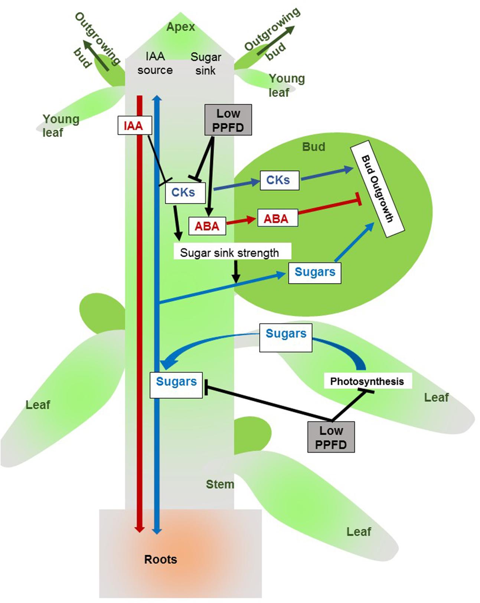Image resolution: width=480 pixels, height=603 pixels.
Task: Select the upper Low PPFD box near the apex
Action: point(228,120)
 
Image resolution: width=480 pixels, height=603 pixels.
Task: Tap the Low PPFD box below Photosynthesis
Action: point(331,437)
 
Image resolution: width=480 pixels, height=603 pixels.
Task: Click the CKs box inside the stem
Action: point(185,193)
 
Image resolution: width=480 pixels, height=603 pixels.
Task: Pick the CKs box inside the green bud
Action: point(279,180)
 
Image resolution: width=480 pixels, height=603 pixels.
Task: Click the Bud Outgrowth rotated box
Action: point(378,189)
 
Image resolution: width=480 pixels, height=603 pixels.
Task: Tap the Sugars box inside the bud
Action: point(314,273)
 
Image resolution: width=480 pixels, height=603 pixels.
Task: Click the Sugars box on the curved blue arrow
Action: point(285,337)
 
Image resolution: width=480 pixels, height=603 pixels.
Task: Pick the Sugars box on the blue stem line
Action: point(176,385)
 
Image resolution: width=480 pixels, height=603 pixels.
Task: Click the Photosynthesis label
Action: point(367,381)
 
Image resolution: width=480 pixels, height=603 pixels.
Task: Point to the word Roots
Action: point(160,559)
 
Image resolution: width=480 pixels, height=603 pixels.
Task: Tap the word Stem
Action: point(220,484)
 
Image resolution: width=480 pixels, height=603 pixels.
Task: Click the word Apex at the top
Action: point(180,27)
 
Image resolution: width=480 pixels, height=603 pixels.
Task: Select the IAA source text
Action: point(155,63)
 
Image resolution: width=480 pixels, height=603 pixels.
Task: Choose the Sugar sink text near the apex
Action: point(206,64)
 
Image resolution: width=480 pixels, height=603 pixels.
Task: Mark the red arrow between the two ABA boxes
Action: point(241,222)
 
